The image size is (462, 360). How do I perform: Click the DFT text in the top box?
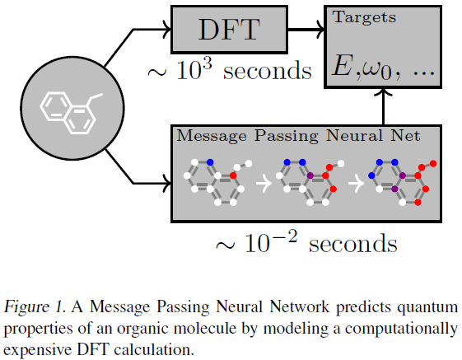[229, 30]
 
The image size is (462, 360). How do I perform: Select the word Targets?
[365, 17]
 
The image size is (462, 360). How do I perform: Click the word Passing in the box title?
[287, 137]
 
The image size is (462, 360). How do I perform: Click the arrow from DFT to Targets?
[306, 30]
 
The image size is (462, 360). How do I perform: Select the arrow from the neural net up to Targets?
[383, 106]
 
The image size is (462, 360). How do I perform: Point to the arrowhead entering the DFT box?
[167, 30]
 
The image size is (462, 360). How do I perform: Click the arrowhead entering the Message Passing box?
[167, 184]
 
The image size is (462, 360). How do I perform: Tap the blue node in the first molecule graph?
[210, 161]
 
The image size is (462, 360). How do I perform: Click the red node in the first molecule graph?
[233, 175]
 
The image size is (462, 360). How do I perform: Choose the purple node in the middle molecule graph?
[310, 175]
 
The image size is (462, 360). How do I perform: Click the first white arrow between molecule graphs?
[264, 184]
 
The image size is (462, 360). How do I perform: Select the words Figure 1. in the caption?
[35, 307]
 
